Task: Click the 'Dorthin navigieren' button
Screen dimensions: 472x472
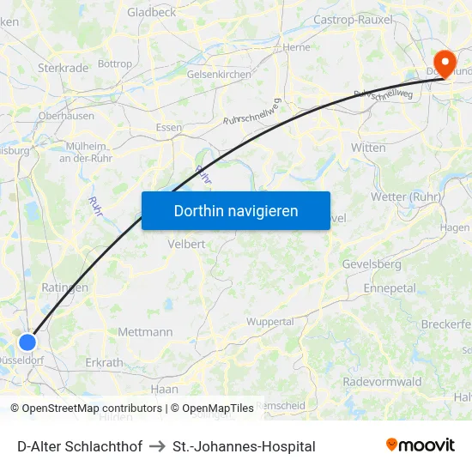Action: pyautogui.click(x=236, y=210)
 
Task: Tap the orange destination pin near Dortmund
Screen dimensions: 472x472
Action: pyautogui.click(x=445, y=63)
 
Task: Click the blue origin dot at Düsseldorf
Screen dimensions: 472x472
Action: pyautogui.click(x=27, y=342)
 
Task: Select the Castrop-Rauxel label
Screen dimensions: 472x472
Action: pyautogui.click(x=354, y=19)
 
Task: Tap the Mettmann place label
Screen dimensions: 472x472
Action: pyautogui.click(x=145, y=331)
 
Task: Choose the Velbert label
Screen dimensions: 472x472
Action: pyautogui.click(x=187, y=244)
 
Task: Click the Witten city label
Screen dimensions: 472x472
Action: pyautogui.click(x=368, y=148)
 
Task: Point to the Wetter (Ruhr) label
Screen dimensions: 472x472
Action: pyautogui.click(x=405, y=197)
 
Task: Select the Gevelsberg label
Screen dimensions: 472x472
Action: pyautogui.click(x=372, y=264)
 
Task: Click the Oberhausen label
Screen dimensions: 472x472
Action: pyautogui.click(x=66, y=115)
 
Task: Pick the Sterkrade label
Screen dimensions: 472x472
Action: pyautogui.click(x=63, y=68)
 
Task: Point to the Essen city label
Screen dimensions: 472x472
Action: pyautogui.click(x=168, y=127)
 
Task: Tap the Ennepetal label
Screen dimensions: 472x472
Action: pyautogui.click(x=390, y=288)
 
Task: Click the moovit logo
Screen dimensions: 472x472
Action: pyautogui.click(x=420, y=445)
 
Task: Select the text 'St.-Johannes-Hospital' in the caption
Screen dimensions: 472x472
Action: pyautogui.click(x=244, y=446)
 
